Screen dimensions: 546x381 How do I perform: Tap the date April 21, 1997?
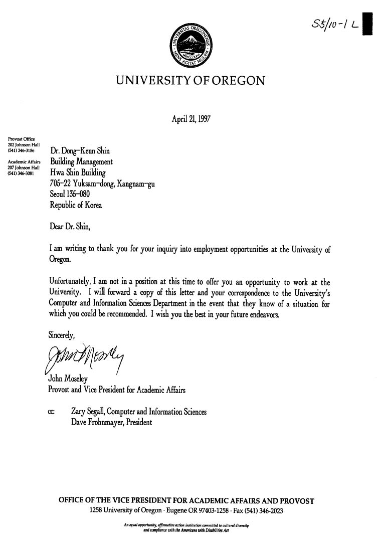pos(191,119)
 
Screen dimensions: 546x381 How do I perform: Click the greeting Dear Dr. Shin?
pos(70,227)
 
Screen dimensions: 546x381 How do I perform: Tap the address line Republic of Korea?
pos(75,205)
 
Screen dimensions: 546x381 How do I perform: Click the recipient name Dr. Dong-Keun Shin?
pos(80,151)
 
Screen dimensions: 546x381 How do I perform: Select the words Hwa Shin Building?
pos(78,173)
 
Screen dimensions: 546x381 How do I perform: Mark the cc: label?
pos(51,412)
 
